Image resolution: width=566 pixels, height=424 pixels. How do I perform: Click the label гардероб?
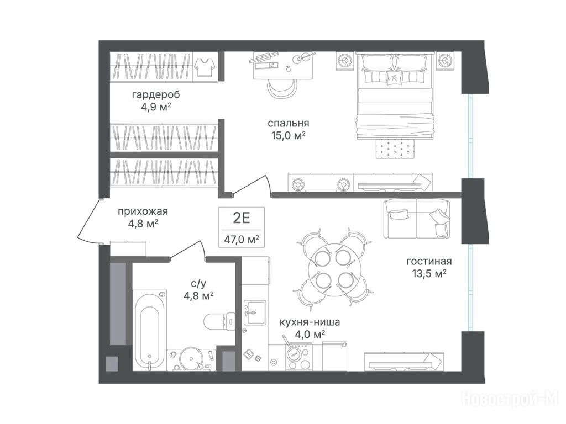(156, 95)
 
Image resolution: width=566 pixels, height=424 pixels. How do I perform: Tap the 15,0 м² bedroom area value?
(289, 135)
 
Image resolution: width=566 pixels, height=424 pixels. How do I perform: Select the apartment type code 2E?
(242, 218)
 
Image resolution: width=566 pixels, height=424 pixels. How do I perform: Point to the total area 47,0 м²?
(242, 239)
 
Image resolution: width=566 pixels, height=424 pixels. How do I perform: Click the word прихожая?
(143, 211)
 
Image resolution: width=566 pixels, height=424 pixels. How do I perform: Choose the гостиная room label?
(429, 261)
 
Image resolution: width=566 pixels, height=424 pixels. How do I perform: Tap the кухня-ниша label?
(310, 322)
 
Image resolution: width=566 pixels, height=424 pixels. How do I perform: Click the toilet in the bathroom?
(219, 321)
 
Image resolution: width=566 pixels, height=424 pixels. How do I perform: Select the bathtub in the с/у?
(150, 330)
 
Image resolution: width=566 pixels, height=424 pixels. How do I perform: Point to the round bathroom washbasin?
(191, 357)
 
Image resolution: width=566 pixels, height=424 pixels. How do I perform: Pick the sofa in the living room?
(417, 218)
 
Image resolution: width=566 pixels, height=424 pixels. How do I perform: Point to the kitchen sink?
(254, 312)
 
